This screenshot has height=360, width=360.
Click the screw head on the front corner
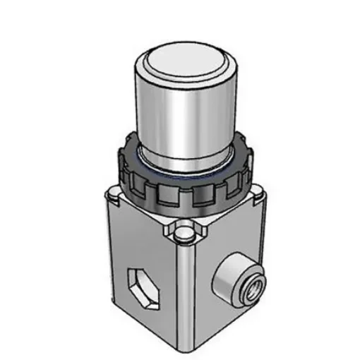[x=183, y=232]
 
